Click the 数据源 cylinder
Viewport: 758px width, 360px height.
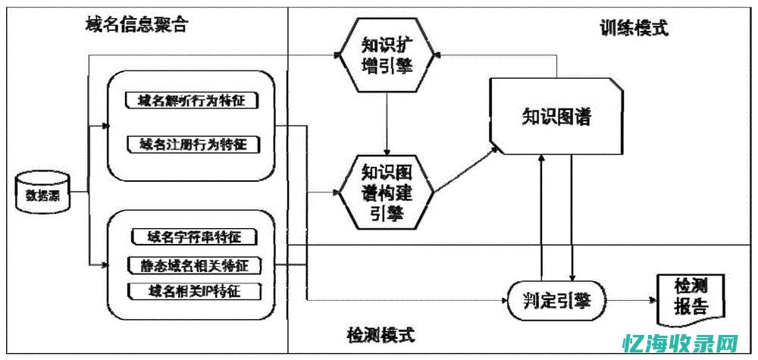point(43,193)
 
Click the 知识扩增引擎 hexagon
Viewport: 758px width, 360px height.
point(387,55)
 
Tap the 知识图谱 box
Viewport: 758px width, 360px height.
point(556,117)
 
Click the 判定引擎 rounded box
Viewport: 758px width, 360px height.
point(556,301)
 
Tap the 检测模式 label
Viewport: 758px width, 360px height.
point(381,334)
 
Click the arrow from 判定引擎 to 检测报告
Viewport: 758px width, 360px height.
point(632,301)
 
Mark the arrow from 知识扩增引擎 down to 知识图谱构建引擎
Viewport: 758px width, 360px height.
point(387,121)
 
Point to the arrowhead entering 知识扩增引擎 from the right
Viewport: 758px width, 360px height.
point(440,55)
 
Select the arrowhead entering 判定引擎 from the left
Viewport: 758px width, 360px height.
point(503,301)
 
